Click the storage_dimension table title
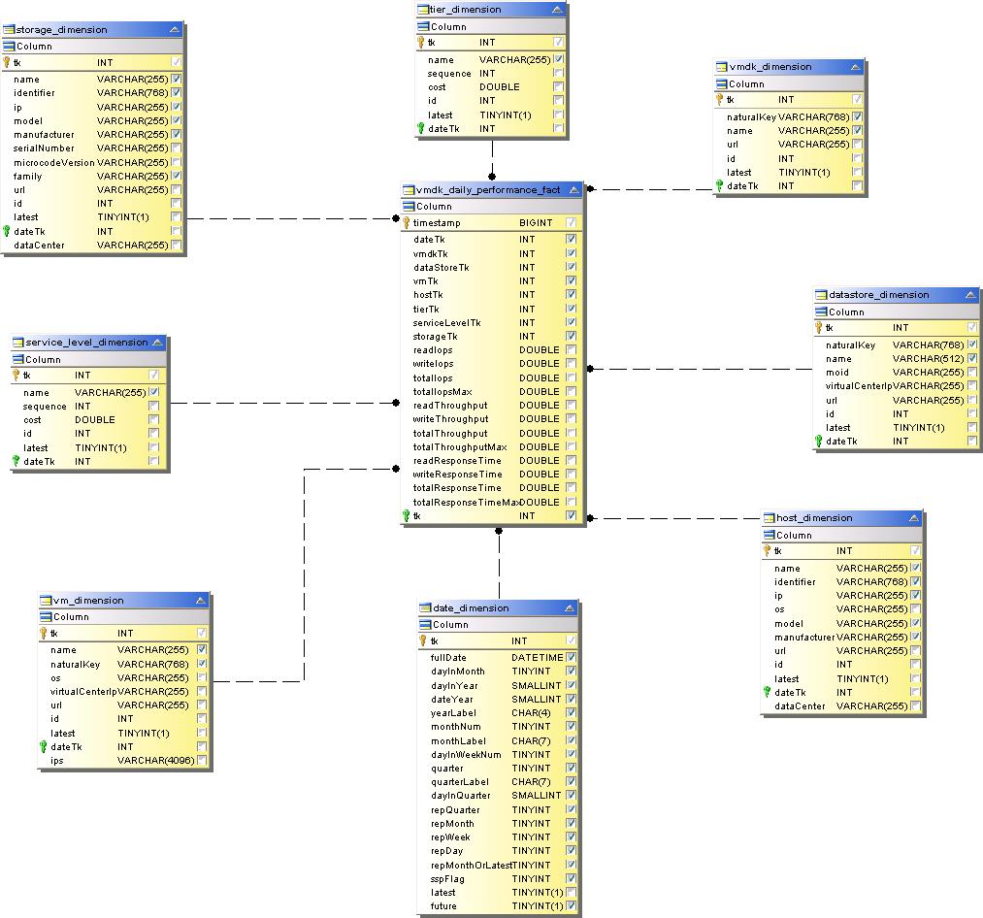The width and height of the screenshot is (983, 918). pyautogui.click(x=61, y=30)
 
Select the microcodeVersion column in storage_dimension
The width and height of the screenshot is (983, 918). pyautogui.click(x=53, y=162)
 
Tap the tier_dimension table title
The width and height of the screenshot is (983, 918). pyautogui.click(x=465, y=10)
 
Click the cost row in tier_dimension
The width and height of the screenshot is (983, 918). pyautogui.click(x=437, y=87)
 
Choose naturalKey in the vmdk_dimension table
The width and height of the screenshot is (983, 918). pyautogui.click(x=751, y=116)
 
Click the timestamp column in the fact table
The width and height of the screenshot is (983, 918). pyautogui.click(x=437, y=223)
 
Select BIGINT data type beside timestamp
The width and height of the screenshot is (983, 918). pyautogui.click(x=536, y=223)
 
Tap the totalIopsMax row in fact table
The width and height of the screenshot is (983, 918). pyautogui.click(x=442, y=392)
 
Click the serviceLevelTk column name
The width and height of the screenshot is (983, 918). pyautogui.click(x=446, y=323)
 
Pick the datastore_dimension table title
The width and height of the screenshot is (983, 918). pyautogui.click(x=878, y=295)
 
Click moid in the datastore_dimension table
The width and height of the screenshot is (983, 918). pyautogui.click(x=836, y=373)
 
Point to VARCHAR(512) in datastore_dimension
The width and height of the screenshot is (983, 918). pyautogui.click(x=929, y=359)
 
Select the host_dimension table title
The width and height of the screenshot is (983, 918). pyautogui.click(x=814, y=518)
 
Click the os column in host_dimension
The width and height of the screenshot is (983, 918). pyautogui.click(x=779, y=609)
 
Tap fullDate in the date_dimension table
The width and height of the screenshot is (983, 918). pyautogui.click(x=448, y=657)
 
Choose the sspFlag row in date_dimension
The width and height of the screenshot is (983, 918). pyautogui.click(x=447, y=878)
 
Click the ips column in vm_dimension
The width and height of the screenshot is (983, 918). pyautogui.click(x=57, y=761)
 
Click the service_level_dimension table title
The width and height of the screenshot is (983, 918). pyautogui.click(x=86, y=343)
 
